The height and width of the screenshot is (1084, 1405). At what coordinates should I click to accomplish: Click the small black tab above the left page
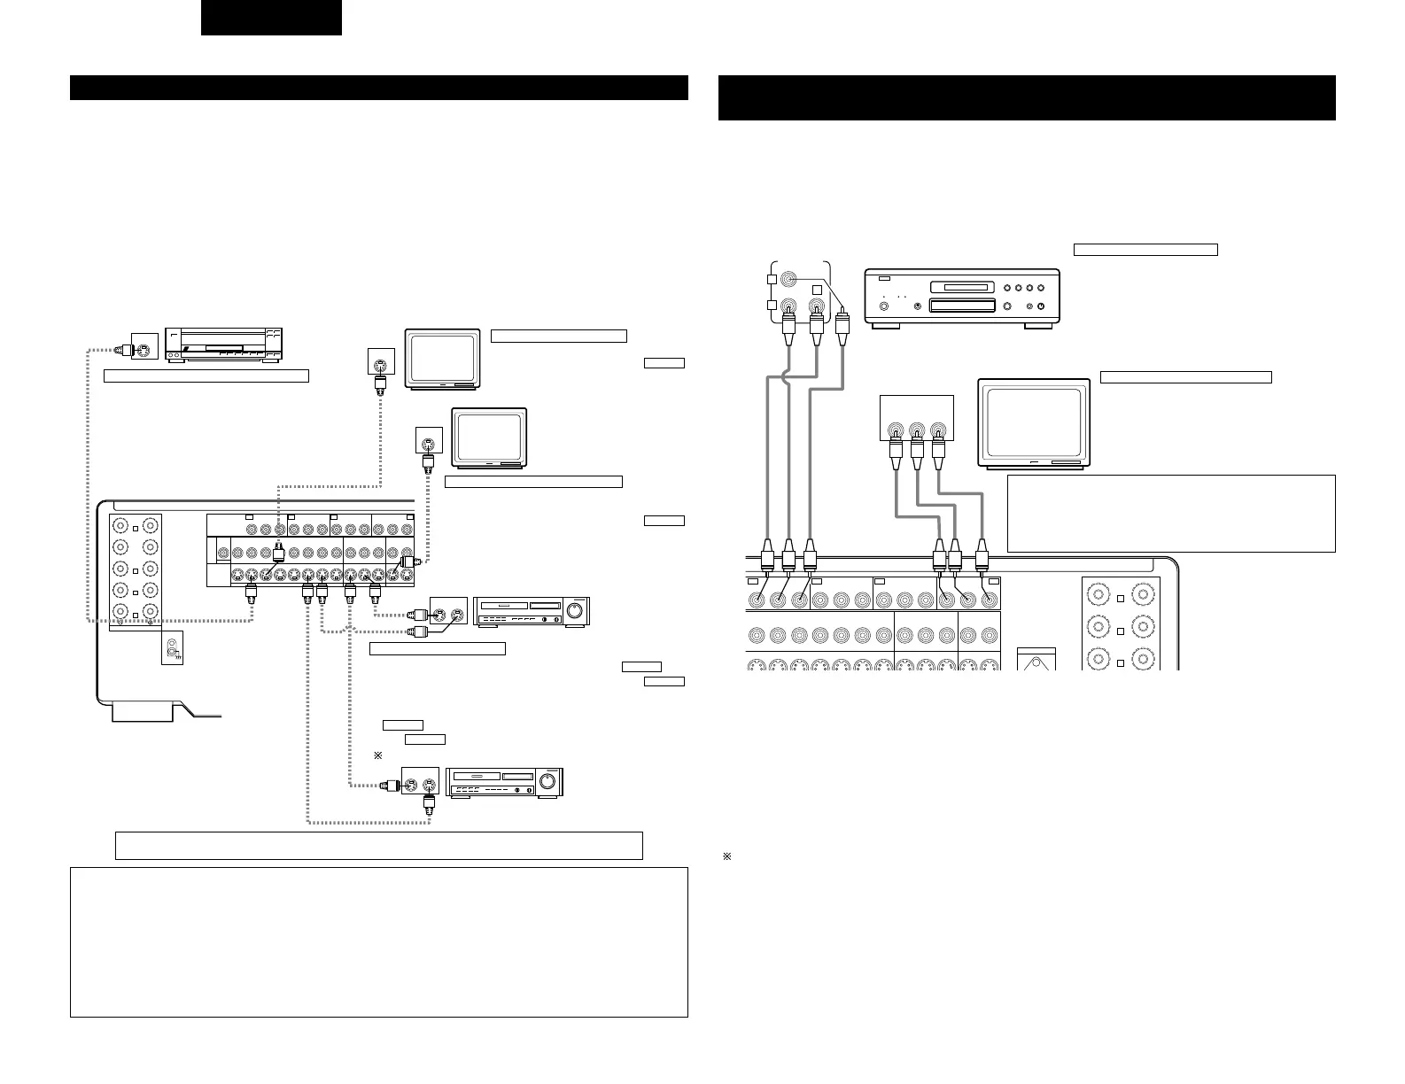coord(271,18)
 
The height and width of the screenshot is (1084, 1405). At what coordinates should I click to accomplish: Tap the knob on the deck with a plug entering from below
coord(547,781)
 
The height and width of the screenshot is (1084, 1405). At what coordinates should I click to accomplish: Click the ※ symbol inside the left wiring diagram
coord(376,755)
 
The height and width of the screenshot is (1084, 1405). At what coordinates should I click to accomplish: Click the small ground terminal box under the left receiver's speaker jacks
coord(172,650)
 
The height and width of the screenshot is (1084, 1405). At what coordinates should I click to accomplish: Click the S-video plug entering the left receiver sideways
coord(409,561)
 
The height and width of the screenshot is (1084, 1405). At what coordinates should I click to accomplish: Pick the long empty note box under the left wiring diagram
coord(378,845)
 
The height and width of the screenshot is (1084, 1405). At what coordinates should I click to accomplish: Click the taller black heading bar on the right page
coord(1026,97)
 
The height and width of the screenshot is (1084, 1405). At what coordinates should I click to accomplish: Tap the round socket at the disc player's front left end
coord(883,307)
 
